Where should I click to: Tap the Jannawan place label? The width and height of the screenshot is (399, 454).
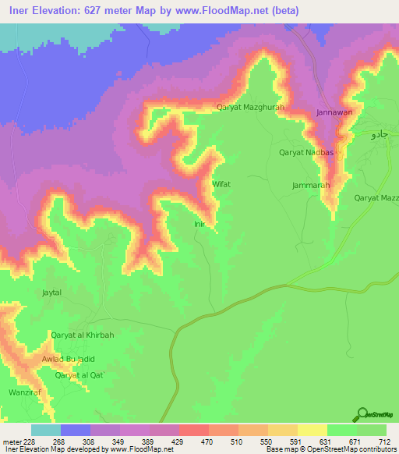pyautogui.click(x=335, y=112)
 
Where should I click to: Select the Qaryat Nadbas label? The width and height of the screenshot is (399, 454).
pyautogui.click(x=306, y=153)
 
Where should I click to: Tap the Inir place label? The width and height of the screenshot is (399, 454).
pyautogui.click(x=199, y=224)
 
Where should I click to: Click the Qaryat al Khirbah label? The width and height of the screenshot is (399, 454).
pyautogui.click(x=83, y=335)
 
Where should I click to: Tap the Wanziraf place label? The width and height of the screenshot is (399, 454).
pyautogui.click(x=23, y=392)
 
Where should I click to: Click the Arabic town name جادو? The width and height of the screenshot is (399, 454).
pyautogui.click(x=378, y=134)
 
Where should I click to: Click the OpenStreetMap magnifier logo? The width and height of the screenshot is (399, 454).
pyautogui.click(x=361, y=414)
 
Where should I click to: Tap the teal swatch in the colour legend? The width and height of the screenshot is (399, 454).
pyautogui.click(x=45, y=430)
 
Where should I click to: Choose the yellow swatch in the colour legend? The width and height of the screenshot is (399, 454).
pyautogui.click(x=312, y=430)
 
